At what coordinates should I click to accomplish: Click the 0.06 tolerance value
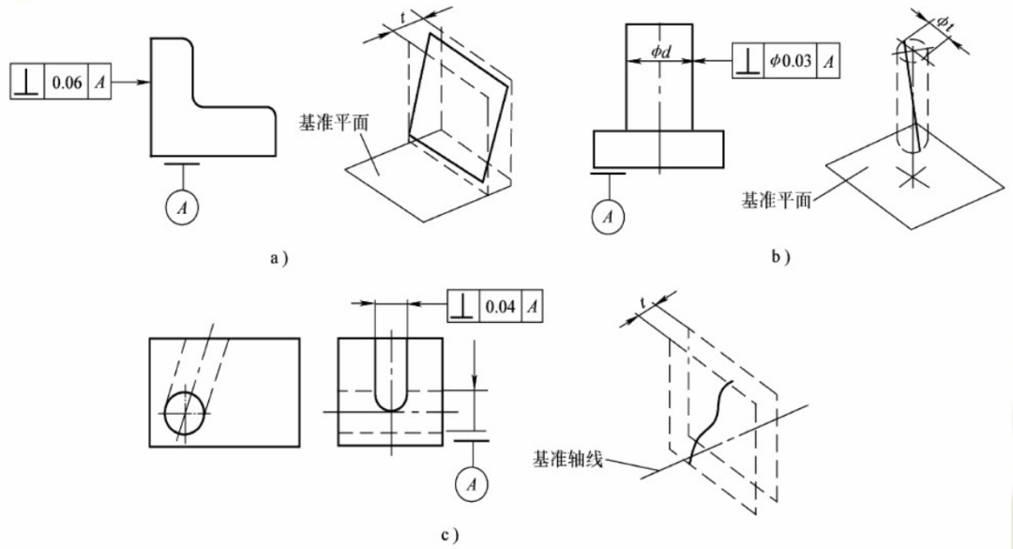tap(67, 84)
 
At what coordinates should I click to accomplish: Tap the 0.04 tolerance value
tap(499, 306)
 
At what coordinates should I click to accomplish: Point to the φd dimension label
tap(660, 52)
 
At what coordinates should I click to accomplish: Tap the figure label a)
tap(275, 257)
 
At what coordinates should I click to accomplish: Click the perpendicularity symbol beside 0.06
tap(25, 84)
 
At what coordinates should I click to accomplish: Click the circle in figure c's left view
tap(185, 414)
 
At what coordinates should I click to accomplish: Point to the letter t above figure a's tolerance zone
tap(403, 18)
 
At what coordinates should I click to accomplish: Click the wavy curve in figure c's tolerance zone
tap(710, 418)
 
